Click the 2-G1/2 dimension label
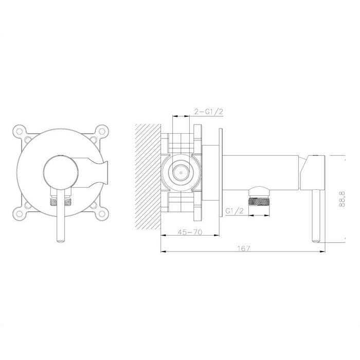(x=208, y=112)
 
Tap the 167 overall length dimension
(x=243, y=248)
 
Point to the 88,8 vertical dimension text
(x=342, y=199)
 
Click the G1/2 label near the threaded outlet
(x=234, y=210)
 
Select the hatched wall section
(x=148, y=176)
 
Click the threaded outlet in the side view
(x=259, y=202)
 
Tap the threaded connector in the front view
(x=61, y=202)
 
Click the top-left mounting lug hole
(x=20, y=131)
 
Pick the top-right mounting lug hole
(x=101, y=131)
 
